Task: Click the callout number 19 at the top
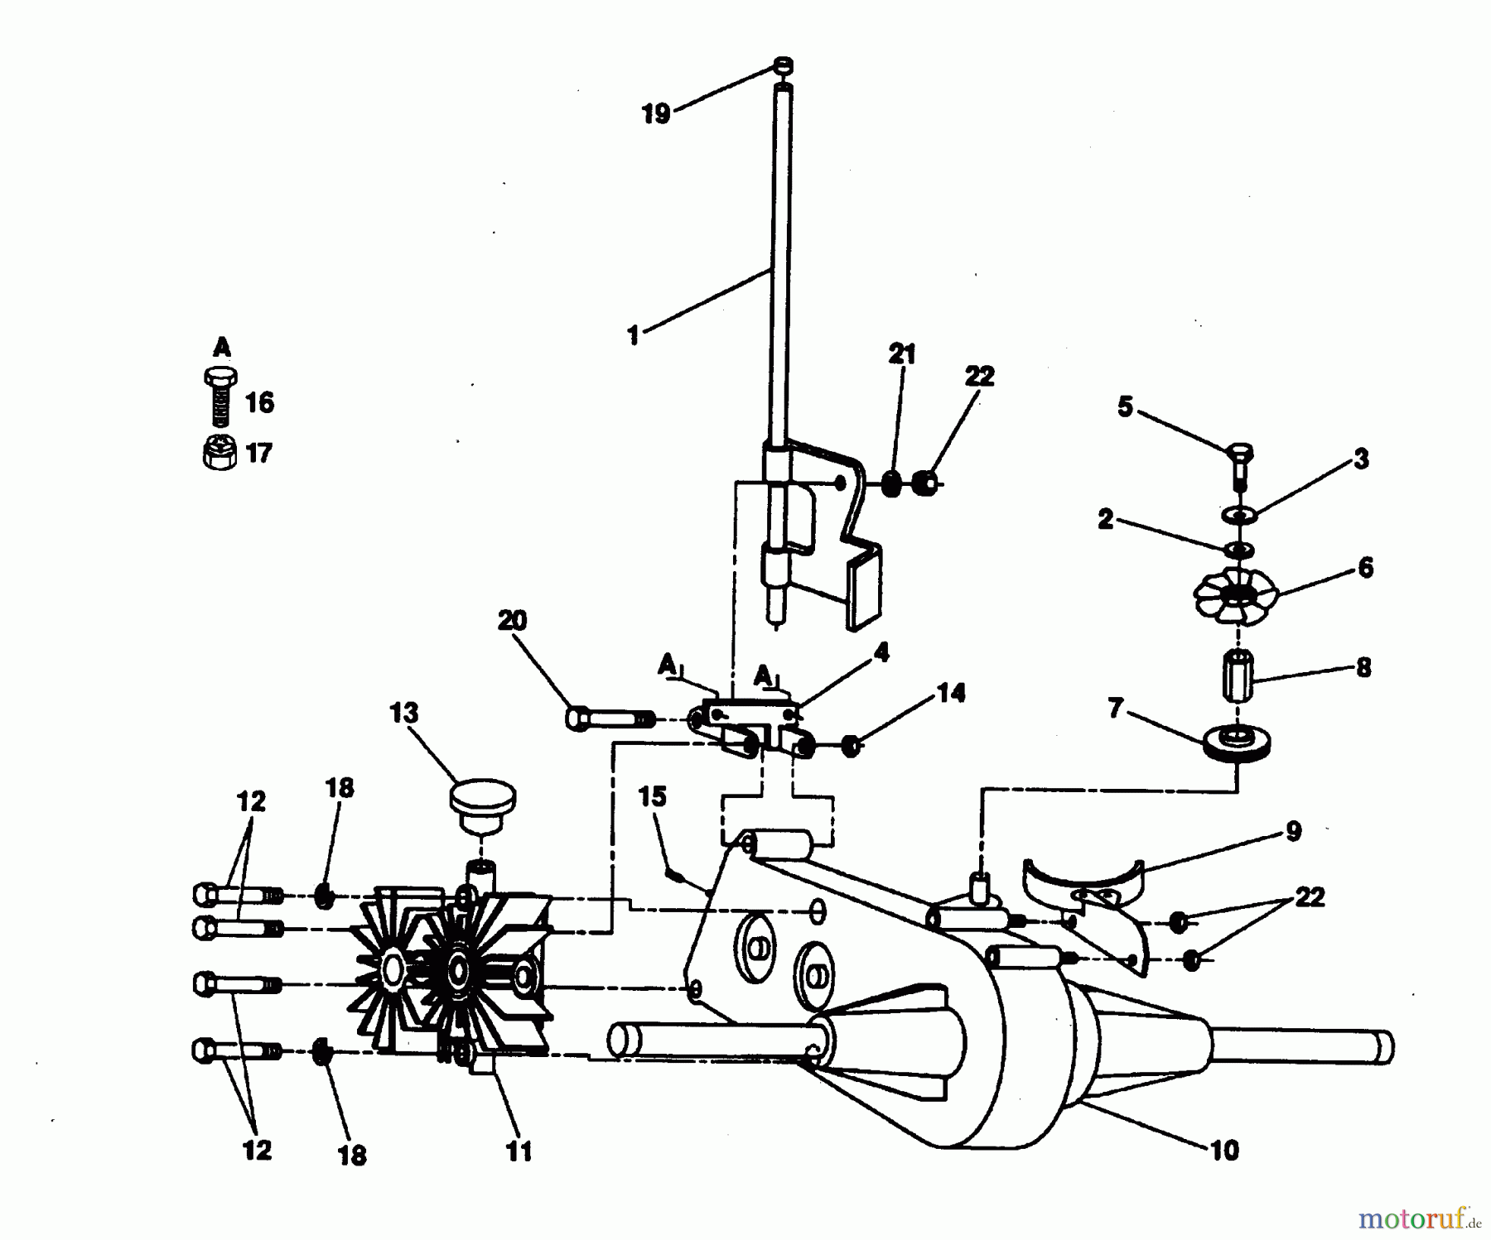[656, 114]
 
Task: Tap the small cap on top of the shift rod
[784, 65]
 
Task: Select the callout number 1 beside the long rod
[634, 336]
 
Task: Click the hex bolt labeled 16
[220, 397]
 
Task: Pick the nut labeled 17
[220, 452]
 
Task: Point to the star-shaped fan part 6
[1237, 592]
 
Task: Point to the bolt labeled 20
[610, 718]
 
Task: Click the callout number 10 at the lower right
[1224, 1150]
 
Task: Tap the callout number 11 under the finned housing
[519, 1151]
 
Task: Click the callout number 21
[902, 355]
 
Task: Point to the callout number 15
[652, 796]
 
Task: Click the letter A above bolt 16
[222, 346]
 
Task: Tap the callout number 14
[951, 693]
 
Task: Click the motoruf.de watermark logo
[1419, 1218]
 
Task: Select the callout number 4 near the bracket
[881, 652]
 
